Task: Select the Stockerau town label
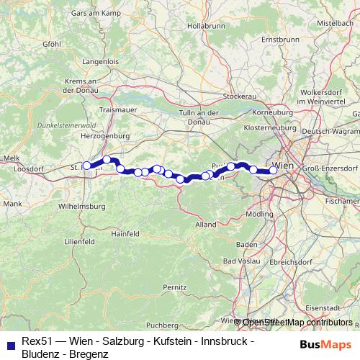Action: tap(240, 96)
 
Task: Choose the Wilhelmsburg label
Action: tap(81, 206)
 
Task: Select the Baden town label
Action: tap(247, 244)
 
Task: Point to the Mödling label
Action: tap(258, 215)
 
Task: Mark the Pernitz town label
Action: tap(174, 287)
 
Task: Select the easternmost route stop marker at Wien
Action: tap(273, 171)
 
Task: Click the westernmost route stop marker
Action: tap(87, 166)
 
